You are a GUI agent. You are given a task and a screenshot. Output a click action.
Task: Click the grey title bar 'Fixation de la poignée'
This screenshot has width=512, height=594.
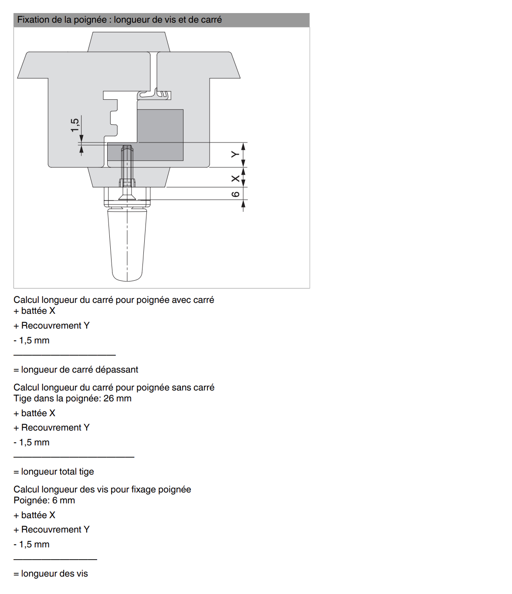161,20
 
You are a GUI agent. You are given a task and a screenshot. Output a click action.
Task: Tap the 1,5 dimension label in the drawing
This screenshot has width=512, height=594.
75,125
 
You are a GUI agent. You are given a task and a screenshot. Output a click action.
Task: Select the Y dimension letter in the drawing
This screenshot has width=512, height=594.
235,154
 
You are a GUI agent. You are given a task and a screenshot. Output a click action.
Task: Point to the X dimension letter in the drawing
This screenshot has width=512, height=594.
235,179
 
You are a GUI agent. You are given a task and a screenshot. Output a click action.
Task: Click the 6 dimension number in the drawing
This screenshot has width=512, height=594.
235,194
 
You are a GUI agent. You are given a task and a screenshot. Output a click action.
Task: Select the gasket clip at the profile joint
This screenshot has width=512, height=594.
154,94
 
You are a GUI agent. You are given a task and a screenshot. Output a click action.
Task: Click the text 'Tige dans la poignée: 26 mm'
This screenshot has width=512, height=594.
72,398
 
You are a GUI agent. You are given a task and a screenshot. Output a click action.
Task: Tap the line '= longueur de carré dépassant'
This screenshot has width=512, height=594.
76,370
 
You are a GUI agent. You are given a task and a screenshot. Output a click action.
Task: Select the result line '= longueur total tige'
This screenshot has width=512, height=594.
54,472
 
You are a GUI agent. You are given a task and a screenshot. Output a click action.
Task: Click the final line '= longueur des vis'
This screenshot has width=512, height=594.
51,574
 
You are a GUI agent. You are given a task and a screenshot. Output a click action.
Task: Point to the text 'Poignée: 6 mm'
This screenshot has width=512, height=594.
44,500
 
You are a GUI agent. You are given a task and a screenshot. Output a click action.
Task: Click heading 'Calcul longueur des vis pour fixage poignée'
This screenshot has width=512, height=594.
102,489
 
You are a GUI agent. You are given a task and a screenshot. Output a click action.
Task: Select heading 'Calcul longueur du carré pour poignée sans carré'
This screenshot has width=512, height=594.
114,387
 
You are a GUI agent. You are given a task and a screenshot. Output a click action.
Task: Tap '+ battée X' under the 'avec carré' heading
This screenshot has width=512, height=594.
34,311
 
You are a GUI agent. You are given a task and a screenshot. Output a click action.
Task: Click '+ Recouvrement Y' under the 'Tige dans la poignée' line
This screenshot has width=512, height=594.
51,428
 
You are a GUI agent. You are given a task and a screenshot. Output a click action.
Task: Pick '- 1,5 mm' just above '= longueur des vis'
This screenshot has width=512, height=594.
31,544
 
